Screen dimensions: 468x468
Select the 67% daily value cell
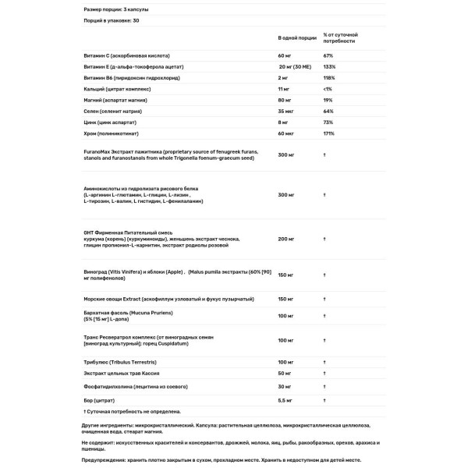click(328, 56)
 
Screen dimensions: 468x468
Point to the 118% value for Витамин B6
click(329, 79)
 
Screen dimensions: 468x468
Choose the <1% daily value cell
click(328, 90)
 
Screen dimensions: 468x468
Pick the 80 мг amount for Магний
click(285, 101)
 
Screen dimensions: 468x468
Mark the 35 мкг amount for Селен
click(286, 112)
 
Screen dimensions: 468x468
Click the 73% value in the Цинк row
click(328, 123)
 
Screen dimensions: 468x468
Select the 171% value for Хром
click(329, 134)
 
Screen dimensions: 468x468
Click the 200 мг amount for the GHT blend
click(287, 239)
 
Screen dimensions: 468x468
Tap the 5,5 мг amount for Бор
click(286, 399)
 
